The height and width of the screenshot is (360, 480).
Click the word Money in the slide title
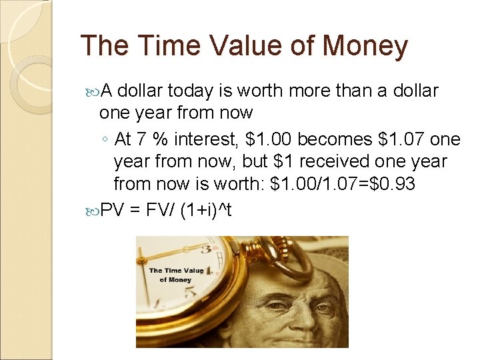[x=365, y=46]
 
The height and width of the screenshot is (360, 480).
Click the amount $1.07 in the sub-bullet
[x=401, y=139]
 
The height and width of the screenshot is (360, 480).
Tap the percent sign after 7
[x=160, y=139]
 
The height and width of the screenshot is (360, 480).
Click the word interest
[x=206, y=139]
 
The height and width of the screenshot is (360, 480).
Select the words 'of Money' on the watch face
[x=175, y=280]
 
